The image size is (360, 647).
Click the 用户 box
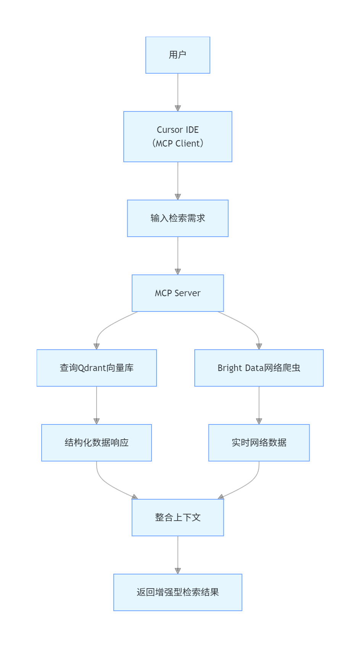(178, 55)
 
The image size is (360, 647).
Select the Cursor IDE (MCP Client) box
(178, 137)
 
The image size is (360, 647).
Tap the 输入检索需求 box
(178, 218)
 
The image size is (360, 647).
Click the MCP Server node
(178, 293)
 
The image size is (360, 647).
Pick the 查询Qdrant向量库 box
(97, 368)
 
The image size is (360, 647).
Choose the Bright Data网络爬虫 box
(259, 368)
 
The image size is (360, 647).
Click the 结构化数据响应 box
(97, 443)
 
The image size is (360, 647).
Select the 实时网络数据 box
(259, 443)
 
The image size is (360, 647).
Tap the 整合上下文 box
(178, 518)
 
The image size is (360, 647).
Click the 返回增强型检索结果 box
(178, 592)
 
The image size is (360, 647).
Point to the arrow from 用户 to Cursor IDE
(178, 92)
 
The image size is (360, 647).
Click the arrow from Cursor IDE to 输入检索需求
(178, 180)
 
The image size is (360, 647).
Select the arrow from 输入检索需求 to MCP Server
(178, 255)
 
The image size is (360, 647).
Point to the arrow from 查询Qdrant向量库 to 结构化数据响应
(97, 405)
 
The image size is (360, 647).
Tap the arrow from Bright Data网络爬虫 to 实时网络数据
(259, 405)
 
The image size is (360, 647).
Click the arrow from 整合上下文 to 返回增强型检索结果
(178, 554)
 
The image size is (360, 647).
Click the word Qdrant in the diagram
(92, 368)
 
